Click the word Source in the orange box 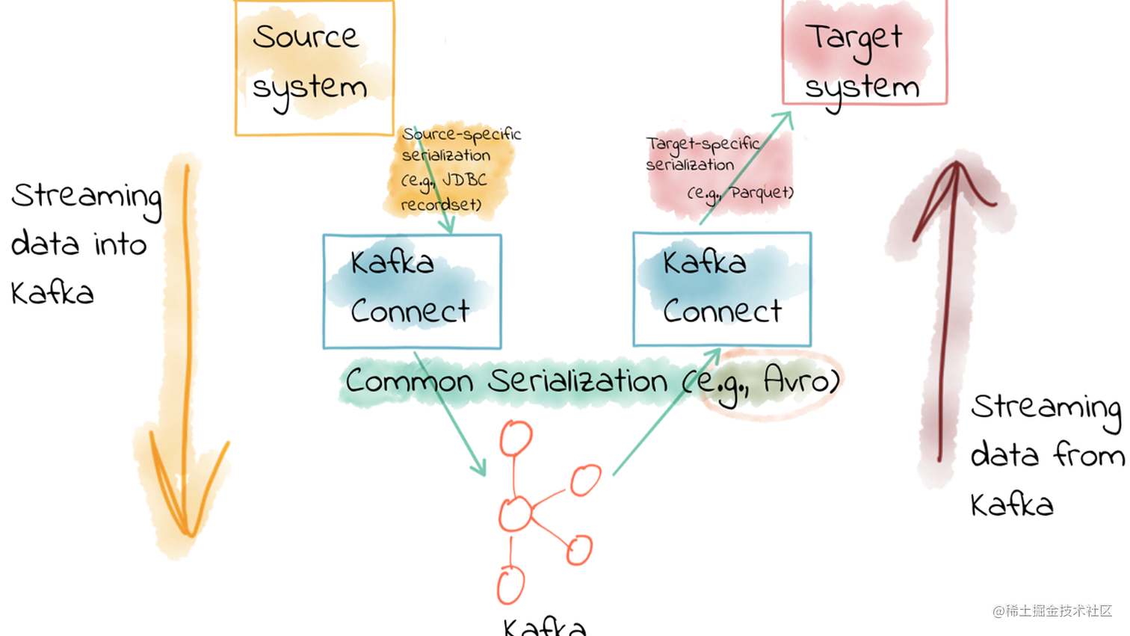[x=306, y=37]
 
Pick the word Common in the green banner [x=409, y=381]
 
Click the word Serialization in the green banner [x=578, y=381]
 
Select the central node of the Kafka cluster [x=514, y=513]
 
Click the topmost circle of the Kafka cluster [x=516, y=438]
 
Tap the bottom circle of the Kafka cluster [x=510, y=585]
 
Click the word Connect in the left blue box [x=410, y=311]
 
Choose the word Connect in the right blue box [x=723, y=311]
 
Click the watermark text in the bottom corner [x=1052, y=611]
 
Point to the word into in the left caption [x=120, y=244]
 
